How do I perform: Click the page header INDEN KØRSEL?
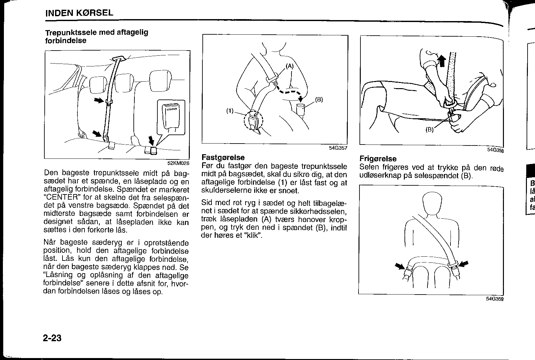click(79, 13)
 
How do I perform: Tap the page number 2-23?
click(52, 338)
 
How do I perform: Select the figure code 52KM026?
click(178, 163)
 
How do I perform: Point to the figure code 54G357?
click(338, 148)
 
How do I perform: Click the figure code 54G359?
click(495, 299)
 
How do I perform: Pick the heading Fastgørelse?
click(223, 157)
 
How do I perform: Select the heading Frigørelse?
click(378, 159)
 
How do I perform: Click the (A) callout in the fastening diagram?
click(290, 66)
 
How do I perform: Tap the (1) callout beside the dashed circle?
click(230, 111)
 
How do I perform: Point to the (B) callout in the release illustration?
click(429, 130)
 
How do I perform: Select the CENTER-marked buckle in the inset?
click(171, 116)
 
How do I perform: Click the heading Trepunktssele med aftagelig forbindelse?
click(97, 36)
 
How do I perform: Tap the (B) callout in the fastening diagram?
click(319, 99)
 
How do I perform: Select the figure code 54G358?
click(495, 150)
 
